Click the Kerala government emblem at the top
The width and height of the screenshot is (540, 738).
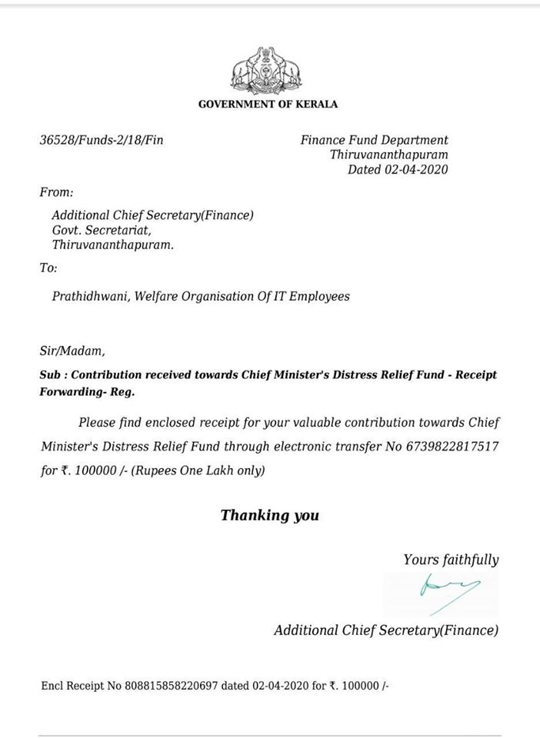coord(268,71)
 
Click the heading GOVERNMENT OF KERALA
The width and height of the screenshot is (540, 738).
coord(268,105)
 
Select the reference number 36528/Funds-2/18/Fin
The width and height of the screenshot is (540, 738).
coord(102,141)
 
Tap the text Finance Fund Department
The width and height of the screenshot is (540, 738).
coord(374,140)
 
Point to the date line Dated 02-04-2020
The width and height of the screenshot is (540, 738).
coord(398,170)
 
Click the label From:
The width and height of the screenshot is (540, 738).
coord(56,191)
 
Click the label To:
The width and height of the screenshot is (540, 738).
coord(48,268)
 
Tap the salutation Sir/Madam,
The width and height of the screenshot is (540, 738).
coord(72,352)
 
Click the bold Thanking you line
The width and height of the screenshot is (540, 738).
coord(269,515)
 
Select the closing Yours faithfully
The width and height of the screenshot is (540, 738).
coord(451,560)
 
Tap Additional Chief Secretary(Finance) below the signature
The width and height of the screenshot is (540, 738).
coord(386,630)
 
